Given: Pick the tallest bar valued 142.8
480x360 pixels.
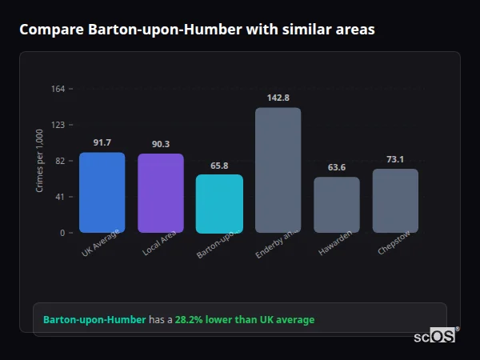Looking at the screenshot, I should [278, 170].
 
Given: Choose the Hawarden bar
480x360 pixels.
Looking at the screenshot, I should [336, 205].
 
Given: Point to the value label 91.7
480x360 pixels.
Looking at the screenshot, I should [102, 142].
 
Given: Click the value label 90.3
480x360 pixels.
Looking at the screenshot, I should [160, 144].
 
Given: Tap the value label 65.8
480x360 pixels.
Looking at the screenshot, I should [219, 166].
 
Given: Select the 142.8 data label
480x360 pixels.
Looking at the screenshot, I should [278, 98].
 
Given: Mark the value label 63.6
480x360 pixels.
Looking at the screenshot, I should [336, 167].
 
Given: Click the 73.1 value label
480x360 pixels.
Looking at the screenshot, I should [395, 159].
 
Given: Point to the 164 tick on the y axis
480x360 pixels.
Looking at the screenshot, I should [58, 89].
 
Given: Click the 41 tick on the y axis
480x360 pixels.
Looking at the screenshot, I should [60, 197].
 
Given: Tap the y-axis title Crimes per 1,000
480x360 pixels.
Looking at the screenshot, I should [40, 161].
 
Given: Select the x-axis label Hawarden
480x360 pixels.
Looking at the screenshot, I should [335, 246].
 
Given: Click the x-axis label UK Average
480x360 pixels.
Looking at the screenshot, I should [100, 242].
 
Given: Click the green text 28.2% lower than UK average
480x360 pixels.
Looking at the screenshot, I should [245, 320].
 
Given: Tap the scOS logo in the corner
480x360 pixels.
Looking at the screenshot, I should [434, 336].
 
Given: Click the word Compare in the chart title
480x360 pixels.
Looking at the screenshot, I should [48, 30].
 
